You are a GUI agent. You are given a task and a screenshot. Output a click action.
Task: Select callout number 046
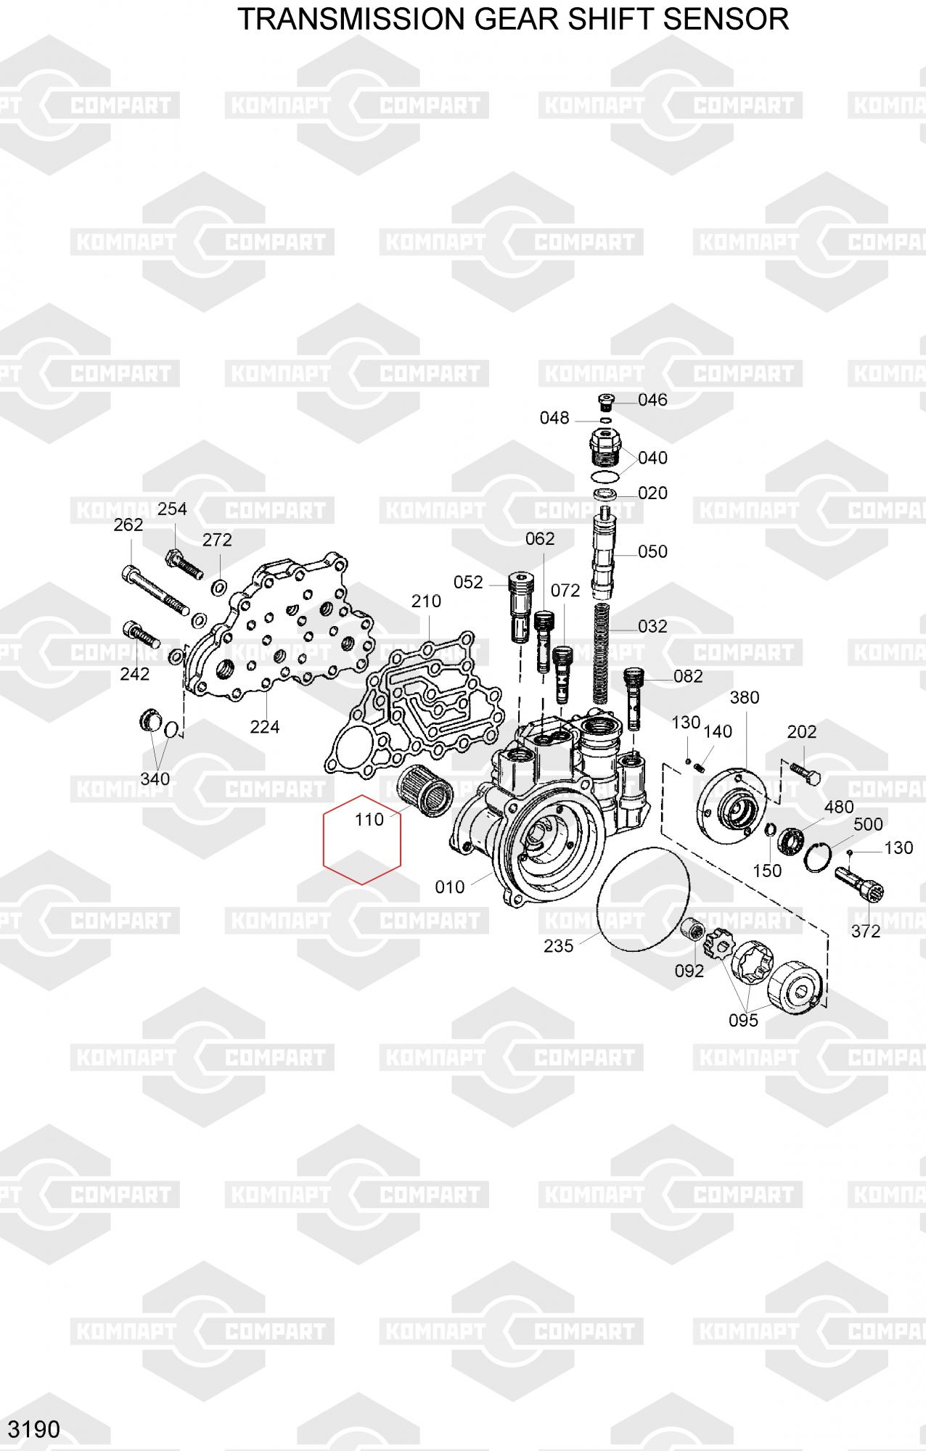[x=652, y=400]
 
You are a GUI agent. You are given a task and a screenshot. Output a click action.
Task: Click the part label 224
[x=265, y=726]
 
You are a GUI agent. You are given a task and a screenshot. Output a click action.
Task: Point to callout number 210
[x=426, y=601]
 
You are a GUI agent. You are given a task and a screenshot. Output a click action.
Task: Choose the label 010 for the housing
[x=450, y=887]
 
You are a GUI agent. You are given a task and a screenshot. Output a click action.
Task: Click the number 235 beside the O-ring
[x=559, y=945]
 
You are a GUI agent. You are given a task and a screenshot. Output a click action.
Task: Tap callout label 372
[x=866, y=931]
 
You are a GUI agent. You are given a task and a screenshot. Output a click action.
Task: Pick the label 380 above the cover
[x=745, y=697]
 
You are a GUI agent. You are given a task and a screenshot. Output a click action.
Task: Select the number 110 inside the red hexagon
[x=369, y=819]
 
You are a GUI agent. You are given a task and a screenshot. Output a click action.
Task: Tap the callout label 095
[x=743, y=1020]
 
